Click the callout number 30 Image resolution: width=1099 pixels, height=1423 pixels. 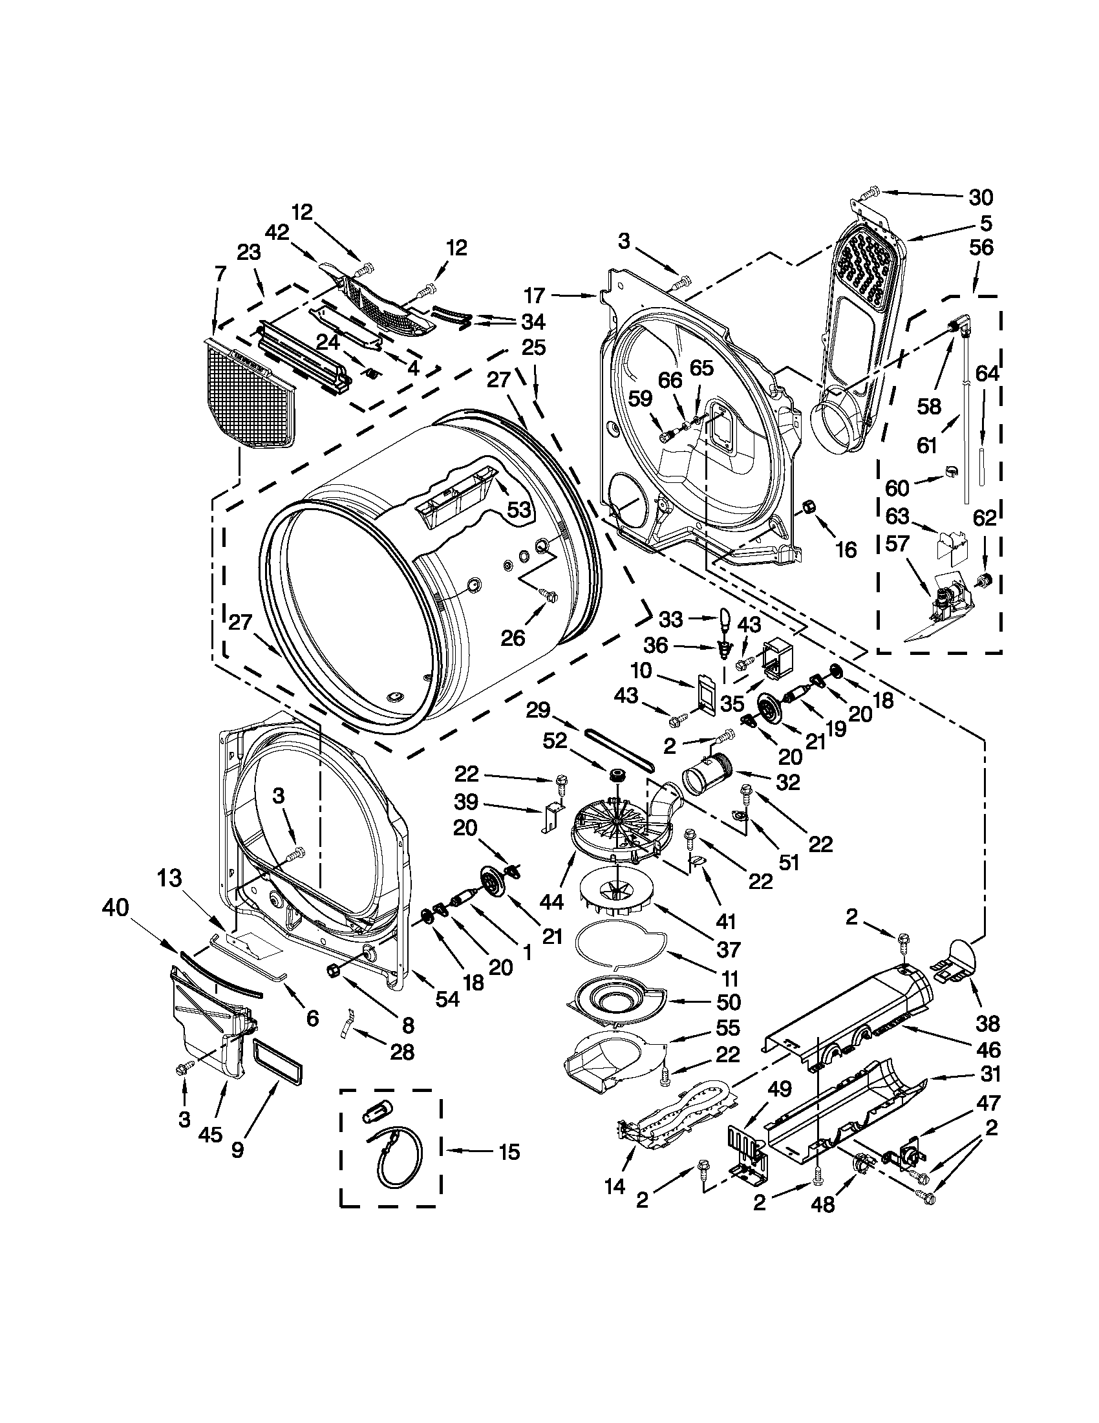[x=981, y=196]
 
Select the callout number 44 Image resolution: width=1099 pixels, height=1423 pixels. [x=553, y=902]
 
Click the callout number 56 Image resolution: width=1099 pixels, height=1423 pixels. [x=981, y=248]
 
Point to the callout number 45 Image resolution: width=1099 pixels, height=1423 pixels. [x=209, y=1135]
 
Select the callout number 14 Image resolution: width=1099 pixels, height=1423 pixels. [x=614, y=1186]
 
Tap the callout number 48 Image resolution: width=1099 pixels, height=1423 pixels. [x=823, y=1204]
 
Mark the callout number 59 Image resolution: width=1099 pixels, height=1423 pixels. [x=641, y=400]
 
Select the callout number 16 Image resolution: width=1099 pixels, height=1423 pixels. [x=846, y=550]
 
